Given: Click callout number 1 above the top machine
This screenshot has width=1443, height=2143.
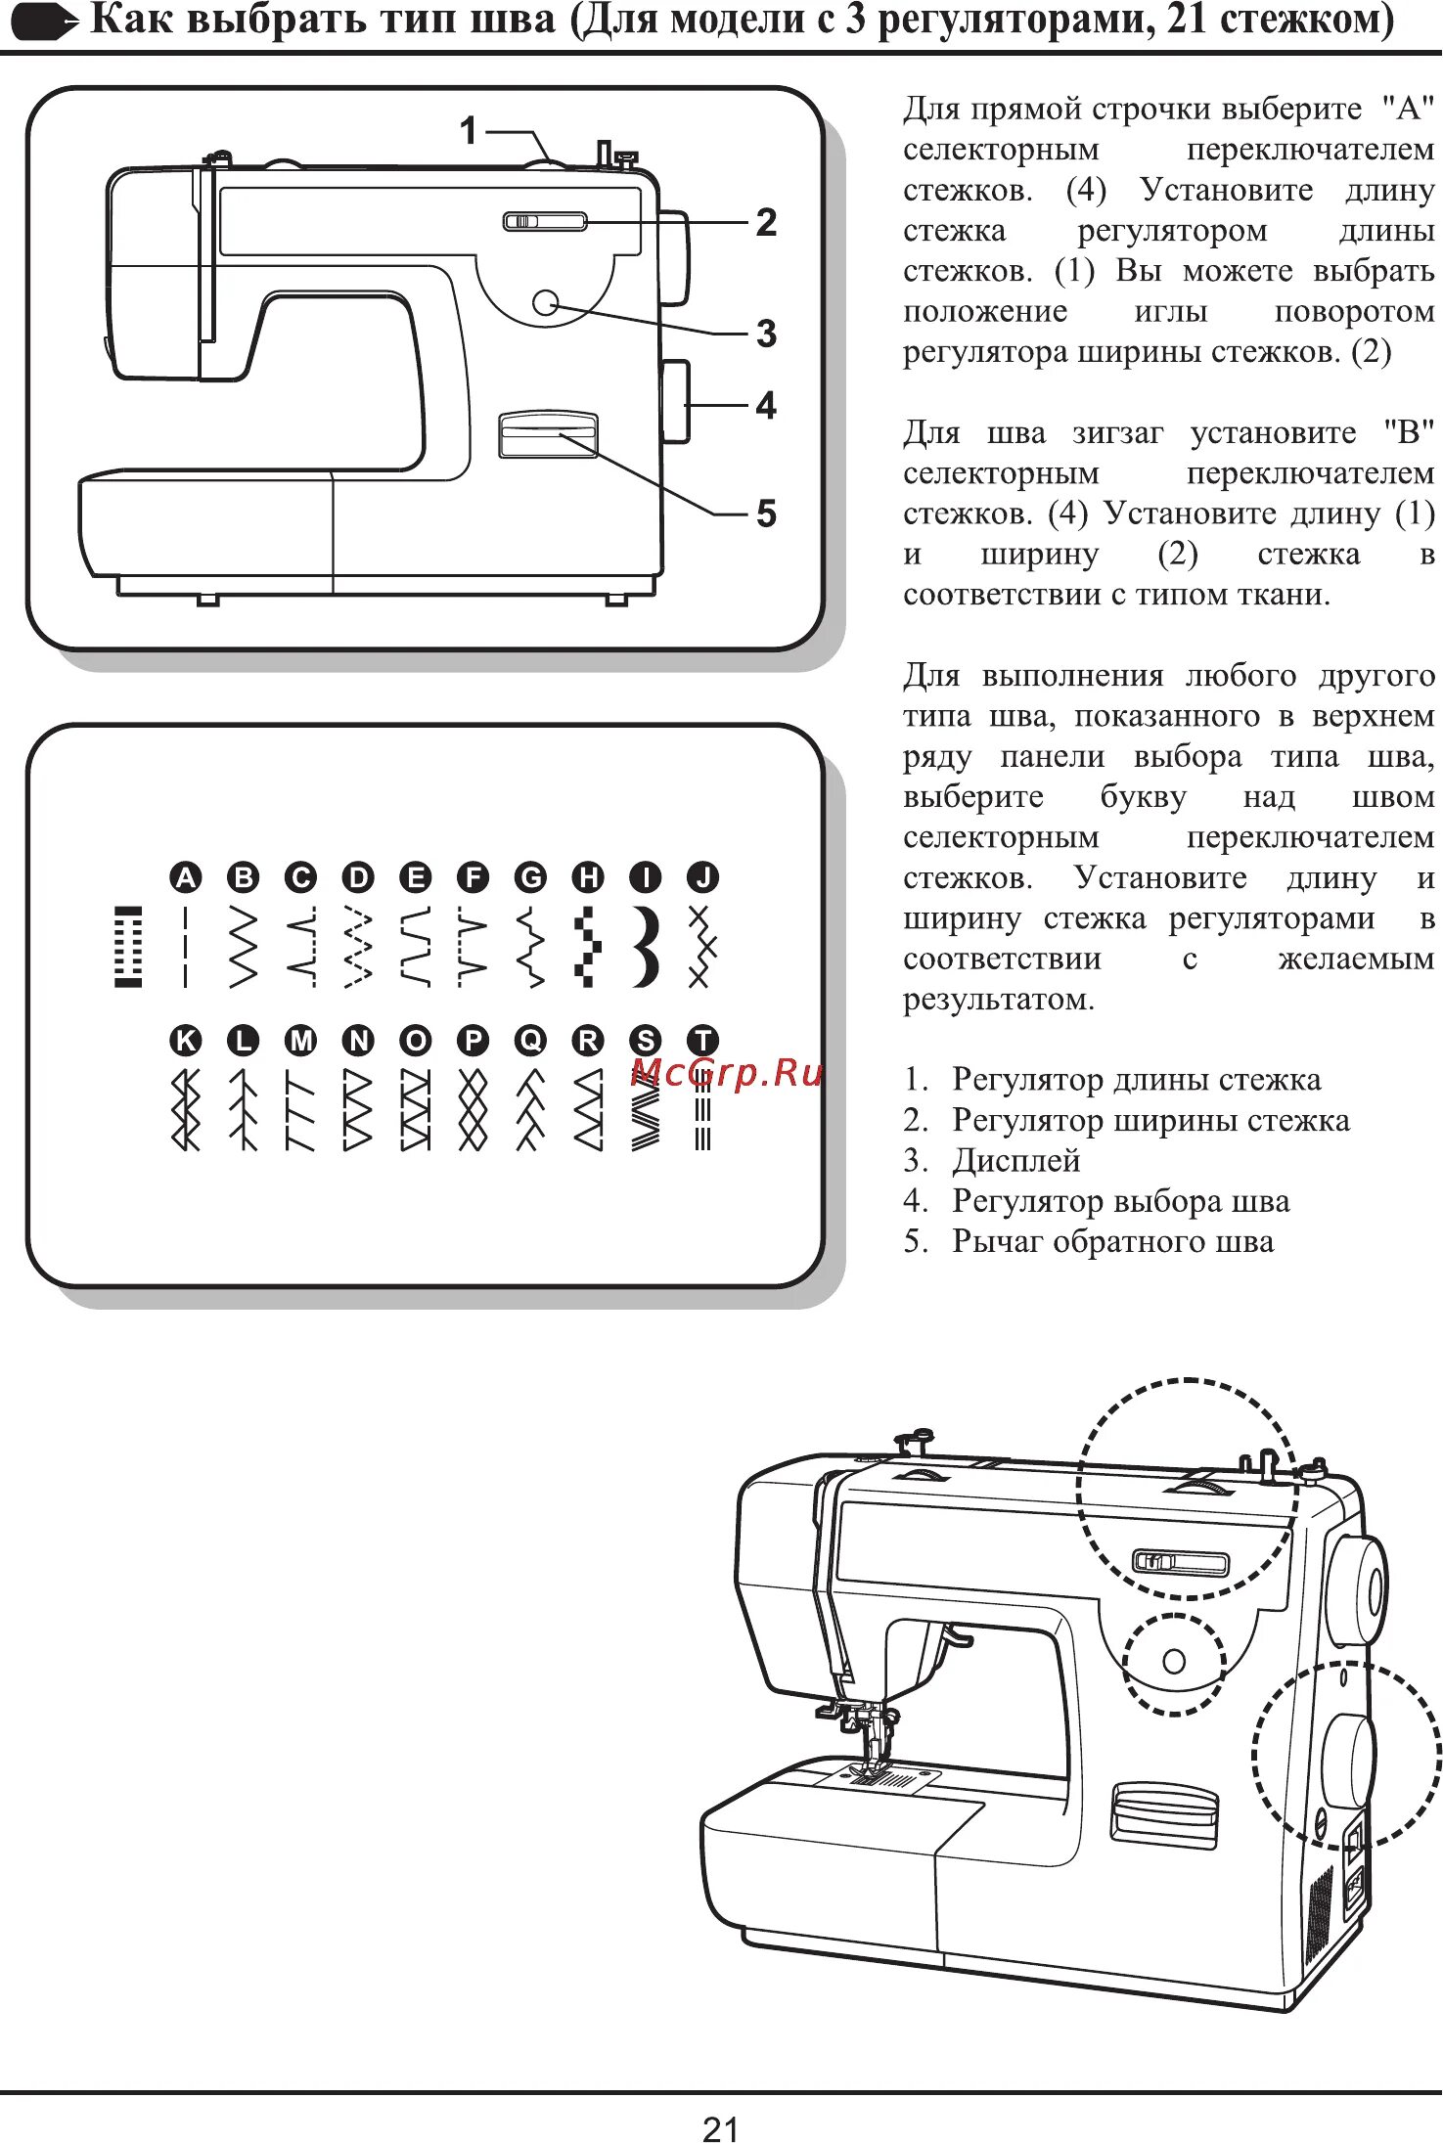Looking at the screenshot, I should click(x=470, y=130).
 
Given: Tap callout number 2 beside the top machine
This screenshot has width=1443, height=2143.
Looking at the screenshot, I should click(x=766, y=223).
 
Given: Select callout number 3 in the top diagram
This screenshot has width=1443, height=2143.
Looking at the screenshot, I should click(x=766, y=334).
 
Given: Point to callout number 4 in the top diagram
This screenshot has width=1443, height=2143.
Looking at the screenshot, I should click(x=766, y=405).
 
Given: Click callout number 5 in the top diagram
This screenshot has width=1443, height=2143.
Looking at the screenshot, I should click(x=766, y=513).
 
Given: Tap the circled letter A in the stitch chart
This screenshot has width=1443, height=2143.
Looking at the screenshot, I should click(x=185, y=876).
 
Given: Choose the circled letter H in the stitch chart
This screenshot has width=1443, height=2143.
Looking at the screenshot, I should click(x=588, y=876).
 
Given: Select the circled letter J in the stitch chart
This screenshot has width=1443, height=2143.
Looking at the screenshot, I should click(x=702, y=876).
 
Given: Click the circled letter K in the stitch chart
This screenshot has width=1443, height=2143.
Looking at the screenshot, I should click(x=185, y=1040).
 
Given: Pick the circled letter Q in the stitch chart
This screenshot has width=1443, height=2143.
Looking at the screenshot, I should click(x=530, y=1040).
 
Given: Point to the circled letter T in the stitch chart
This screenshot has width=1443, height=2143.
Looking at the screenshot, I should click(x=702, y=1040).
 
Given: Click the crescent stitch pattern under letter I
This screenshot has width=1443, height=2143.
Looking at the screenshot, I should click(x=646, y=946).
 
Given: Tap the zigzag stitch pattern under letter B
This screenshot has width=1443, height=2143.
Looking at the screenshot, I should click(x=243, y=946).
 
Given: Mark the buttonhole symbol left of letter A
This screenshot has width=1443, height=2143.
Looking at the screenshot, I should click(x=128, y=946).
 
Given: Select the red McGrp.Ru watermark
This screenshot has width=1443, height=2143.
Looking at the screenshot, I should click(x=727, y=1073).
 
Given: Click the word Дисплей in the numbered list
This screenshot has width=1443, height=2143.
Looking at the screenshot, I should click(x=1015, y=1160).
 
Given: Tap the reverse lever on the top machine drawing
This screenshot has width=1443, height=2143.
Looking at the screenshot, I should click(x=548, y=433).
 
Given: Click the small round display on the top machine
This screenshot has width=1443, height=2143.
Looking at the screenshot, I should click(x=545, y=302).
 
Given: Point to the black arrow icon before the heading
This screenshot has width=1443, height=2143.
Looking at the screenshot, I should click(x=44, y=22).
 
